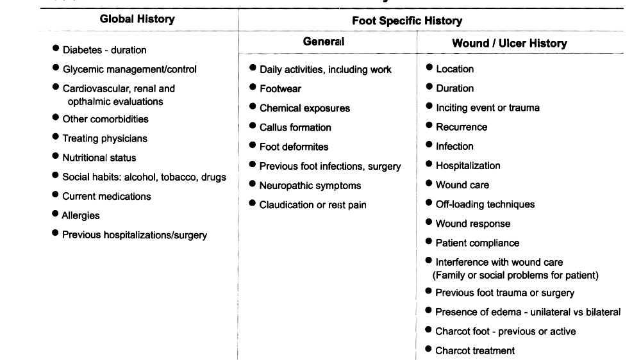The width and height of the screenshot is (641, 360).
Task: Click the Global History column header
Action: [137, 19]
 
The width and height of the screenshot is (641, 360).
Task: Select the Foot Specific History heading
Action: [406, 21]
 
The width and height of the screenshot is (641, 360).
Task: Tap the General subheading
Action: [323, 42]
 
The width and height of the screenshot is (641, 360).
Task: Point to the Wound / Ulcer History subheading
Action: [509, 44]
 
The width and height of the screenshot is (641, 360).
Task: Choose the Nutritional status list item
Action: [99, 158]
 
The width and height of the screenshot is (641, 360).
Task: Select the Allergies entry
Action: [81, 216]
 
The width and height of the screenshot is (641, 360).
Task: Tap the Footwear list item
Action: [280, 89]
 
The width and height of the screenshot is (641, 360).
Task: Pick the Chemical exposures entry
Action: [304, 108]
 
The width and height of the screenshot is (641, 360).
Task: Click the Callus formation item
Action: [295, 127]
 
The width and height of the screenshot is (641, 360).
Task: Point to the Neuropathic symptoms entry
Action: [310, 186]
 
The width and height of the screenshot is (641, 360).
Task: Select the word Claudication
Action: [287, 205]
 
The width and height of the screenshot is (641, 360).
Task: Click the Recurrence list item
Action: [461, 127]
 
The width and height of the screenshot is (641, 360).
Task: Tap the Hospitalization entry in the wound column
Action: [468, 166]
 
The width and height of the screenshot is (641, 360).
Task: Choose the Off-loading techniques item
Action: [485, 204]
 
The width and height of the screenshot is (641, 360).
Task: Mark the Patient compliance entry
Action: [477, 243]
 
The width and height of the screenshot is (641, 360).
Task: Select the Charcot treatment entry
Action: [474, 350]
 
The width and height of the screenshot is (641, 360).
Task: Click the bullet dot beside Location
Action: [429, 68]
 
